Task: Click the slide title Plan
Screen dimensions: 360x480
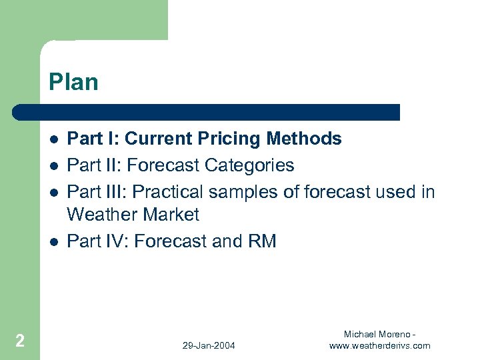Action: click(73, 83)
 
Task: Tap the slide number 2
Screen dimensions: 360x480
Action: click(20, 341)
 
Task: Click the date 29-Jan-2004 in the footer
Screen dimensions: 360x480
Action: click(209, 345)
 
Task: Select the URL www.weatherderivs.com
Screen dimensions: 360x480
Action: click(379, 345)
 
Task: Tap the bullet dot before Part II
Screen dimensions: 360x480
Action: click(53, 165)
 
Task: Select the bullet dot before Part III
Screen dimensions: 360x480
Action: click(53, 191)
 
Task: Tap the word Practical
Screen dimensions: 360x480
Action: click(168, 191)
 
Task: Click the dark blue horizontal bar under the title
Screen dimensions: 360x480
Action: click(207, 112)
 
